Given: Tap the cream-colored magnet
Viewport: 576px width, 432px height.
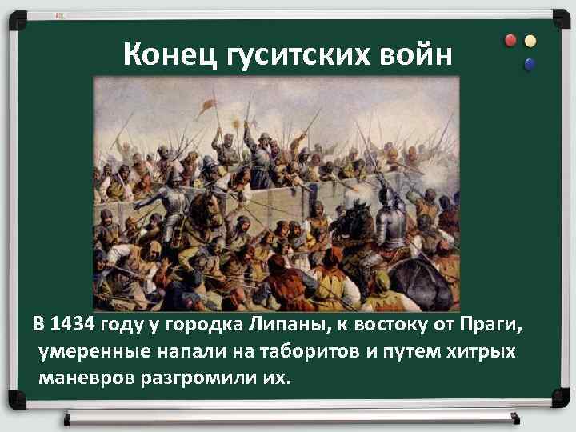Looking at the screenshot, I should tap(530, 40).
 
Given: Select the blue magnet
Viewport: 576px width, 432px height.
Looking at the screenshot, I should tap(529, 63).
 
